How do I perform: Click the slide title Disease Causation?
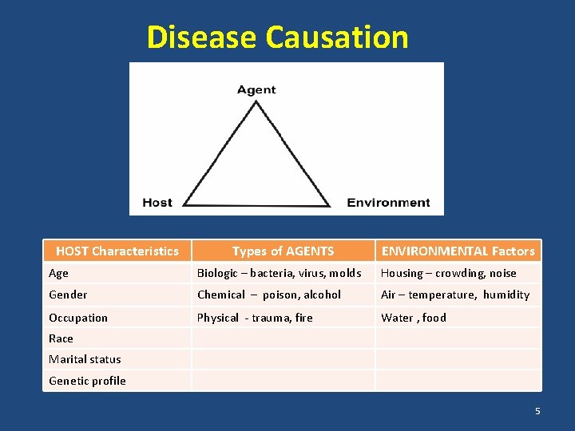click(277, 38)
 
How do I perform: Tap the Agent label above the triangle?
click(256, 89)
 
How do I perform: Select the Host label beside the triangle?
click(157, 203)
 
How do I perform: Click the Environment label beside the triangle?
click(388, 203)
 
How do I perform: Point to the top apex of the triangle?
click(256, 103)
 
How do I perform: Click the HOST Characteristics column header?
click(117, 251)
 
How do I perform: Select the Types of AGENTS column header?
click(283, 251)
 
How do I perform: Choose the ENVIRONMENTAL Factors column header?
click(458, 251)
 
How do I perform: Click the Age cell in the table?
click(59, 273)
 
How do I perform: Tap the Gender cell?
click(68, 295)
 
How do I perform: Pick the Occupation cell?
click(78, 318)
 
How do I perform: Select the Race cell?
click(61, 338)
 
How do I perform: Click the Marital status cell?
click(85, 359)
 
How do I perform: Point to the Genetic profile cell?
click(87, 381)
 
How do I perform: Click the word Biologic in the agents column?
click(217, 273)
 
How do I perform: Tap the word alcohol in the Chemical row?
click(322, 295)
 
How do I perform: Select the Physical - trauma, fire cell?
click(255, 318)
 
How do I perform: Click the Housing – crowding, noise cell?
click(448, 273)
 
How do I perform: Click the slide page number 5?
click(537, 411)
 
